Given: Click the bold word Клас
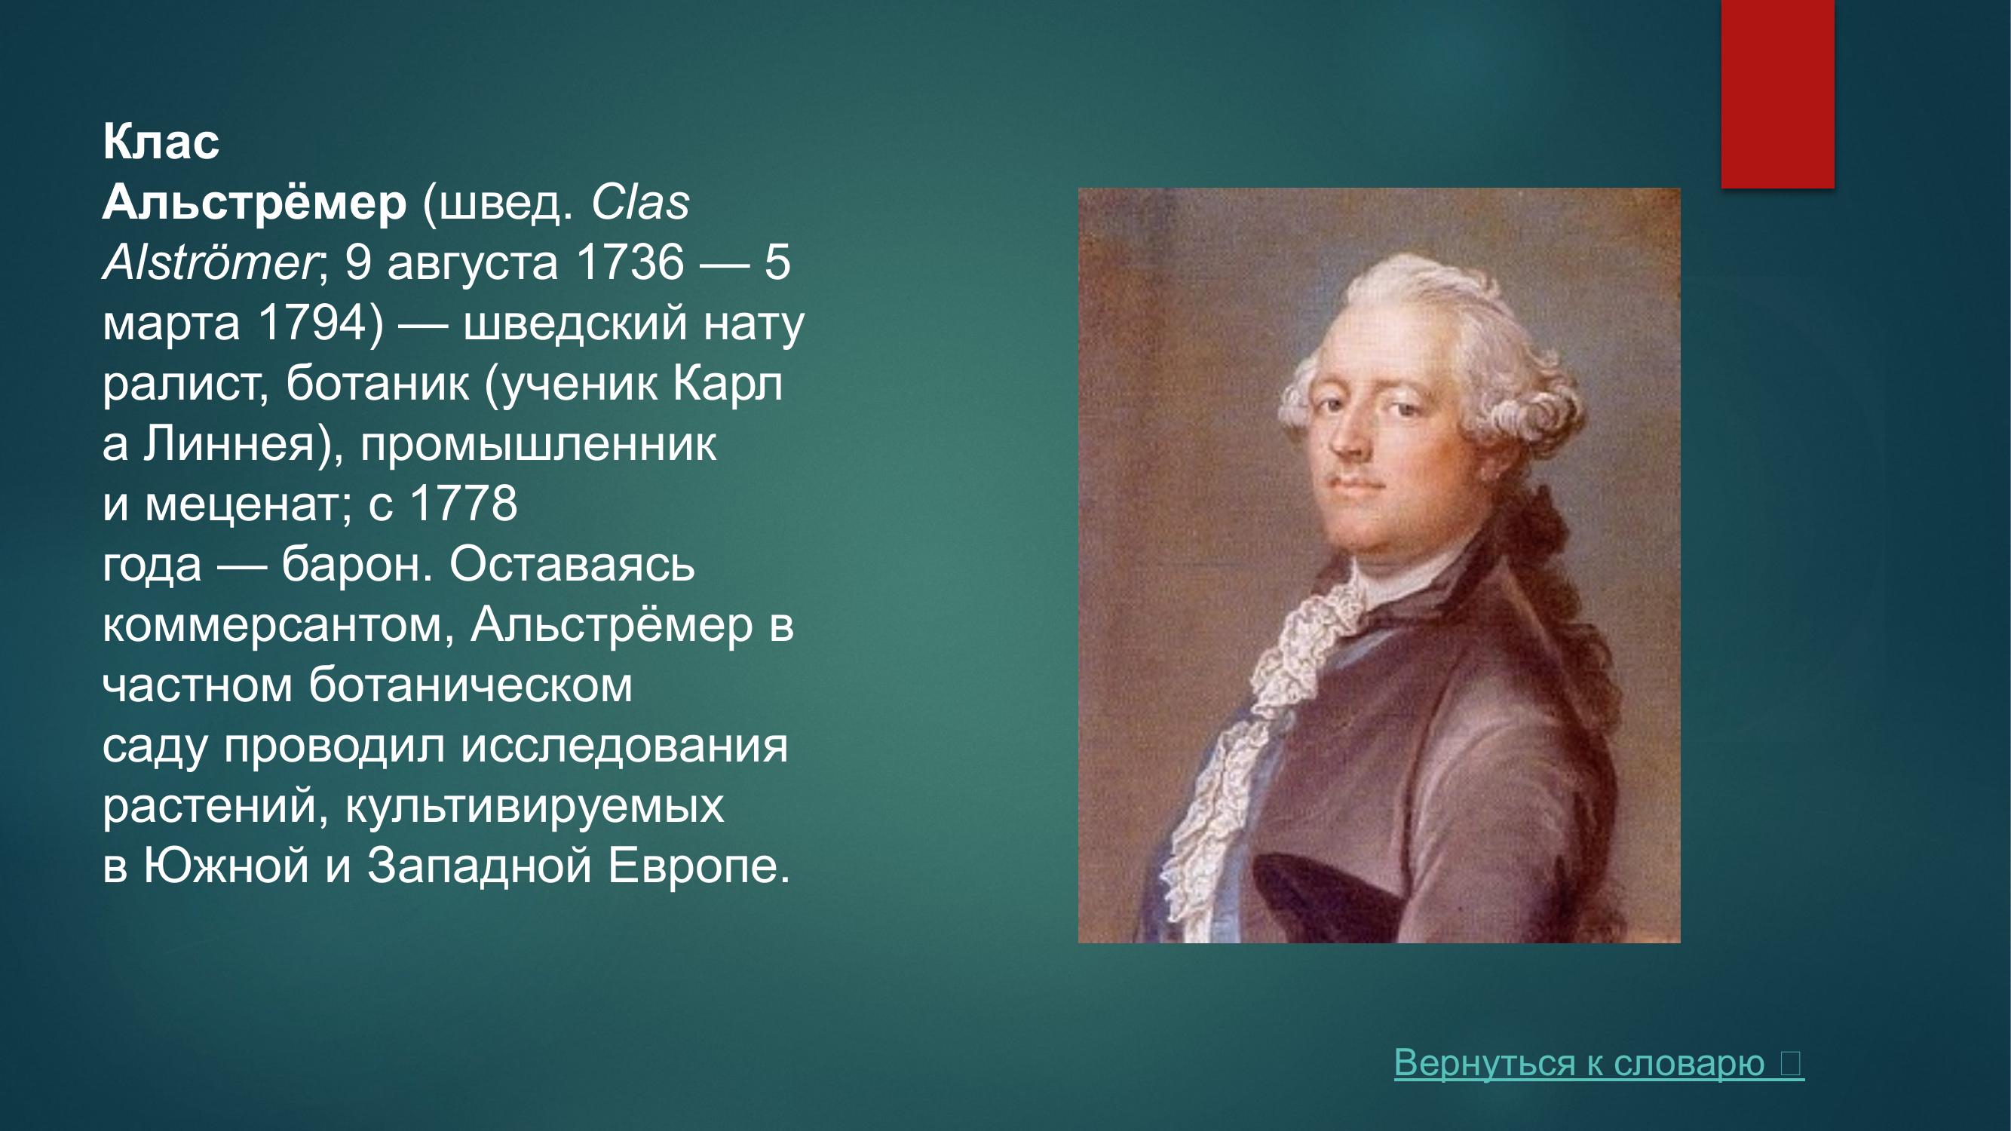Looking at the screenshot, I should [161, 143].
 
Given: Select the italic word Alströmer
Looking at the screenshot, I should [209, 264].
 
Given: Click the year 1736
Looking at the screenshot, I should [629, 263].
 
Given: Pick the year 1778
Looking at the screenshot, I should [463, 504].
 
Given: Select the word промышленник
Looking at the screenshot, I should [538, 444].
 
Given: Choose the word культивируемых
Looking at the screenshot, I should [535, 805].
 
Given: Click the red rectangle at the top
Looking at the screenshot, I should [1777, 93].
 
